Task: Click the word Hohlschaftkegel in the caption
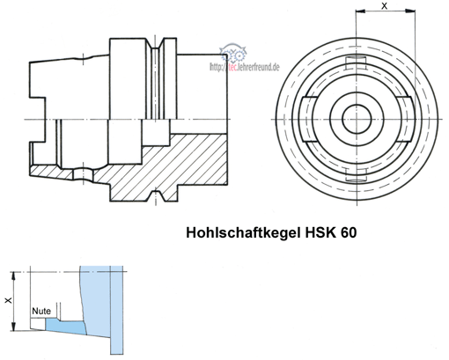[243, 232]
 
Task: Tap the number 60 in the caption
[349, 232]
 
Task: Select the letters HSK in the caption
[320, 232]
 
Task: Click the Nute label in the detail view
[41, 311]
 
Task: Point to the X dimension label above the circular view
[384, 6]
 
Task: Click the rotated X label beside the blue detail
[9, 300]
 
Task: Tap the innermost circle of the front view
[357, 119]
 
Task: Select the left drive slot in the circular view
[308, 119]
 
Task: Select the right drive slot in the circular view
[406, 119]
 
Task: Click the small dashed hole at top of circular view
[356, 62]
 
